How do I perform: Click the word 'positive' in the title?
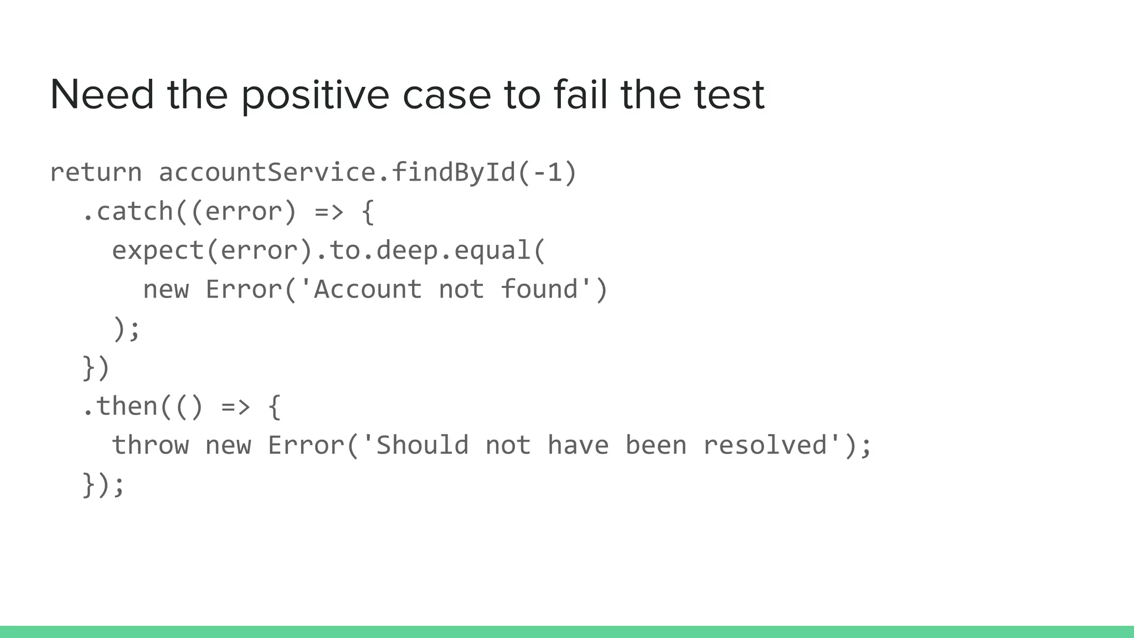tap(315, 95)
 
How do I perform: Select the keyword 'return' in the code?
tap(96, 172)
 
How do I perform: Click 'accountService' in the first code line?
tap(267, 172)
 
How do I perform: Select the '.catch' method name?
tap(127, 212)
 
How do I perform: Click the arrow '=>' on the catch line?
tap(329, 212)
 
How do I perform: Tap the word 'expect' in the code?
tap(158, 250)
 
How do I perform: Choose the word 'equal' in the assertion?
tap(493, 250)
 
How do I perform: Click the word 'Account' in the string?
tap(368, 290)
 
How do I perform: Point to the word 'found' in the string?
tap(539, 290)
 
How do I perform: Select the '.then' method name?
tap(120, 407)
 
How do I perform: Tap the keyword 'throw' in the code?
tap(151, 445)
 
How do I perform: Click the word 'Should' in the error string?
tap(422, 445)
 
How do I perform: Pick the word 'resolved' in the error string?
tap(765, 445)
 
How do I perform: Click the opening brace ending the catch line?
tap(368, 212)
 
